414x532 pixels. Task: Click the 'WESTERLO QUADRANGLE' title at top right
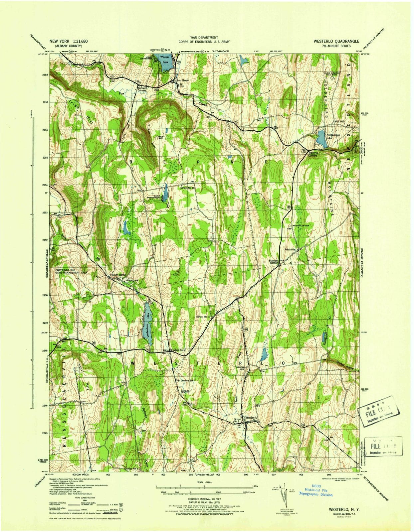click(x=336, y=41)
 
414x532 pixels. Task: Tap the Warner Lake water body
click(x=165, y=65)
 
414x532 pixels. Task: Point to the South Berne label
click(x=119, y=275)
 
